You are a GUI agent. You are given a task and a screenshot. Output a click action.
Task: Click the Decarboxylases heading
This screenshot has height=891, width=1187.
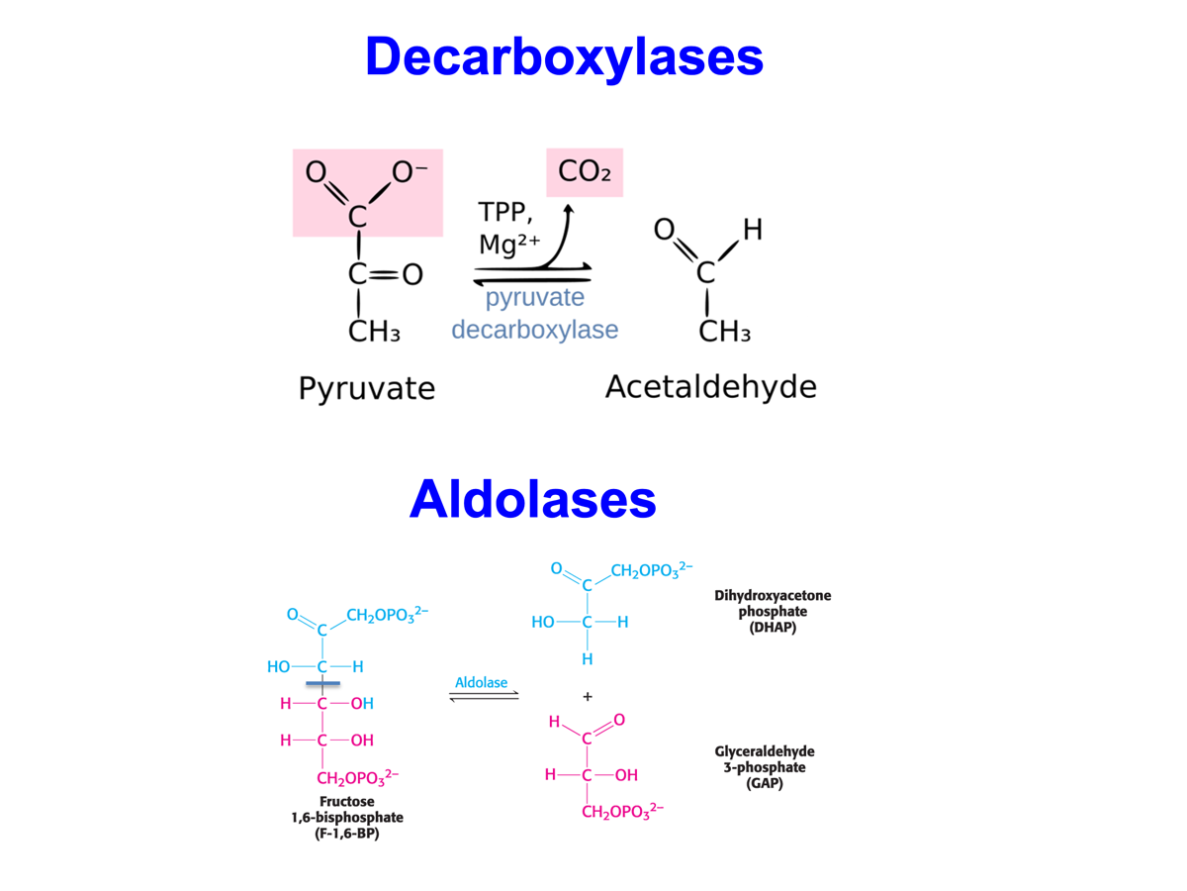pos(564,56)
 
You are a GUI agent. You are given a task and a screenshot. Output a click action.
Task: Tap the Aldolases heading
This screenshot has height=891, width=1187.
pos(532,498)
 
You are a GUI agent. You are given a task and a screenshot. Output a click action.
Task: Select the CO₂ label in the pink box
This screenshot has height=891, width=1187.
pos(585,172)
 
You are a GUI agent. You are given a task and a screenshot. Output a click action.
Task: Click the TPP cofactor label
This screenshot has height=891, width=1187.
pos(506,213)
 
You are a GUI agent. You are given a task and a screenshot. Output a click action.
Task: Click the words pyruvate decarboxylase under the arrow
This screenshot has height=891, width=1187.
pos(535,314)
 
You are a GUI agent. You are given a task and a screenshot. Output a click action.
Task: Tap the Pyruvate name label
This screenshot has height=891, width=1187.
pos(366,387)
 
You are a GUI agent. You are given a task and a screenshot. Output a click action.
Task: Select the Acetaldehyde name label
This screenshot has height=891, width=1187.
pos(710,386)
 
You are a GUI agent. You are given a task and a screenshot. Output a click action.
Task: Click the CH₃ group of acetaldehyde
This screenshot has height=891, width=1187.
pos(724,332)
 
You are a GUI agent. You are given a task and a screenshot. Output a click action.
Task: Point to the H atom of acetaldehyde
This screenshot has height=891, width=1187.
pos(752,231)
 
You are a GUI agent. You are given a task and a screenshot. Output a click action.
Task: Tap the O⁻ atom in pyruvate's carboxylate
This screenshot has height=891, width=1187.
pos(409,172)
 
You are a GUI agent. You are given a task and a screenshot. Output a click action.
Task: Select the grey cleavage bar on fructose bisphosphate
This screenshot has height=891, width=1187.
pos(322,683)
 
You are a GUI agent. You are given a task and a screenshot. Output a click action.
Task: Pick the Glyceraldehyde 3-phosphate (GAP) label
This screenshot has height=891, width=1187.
pos(764,767)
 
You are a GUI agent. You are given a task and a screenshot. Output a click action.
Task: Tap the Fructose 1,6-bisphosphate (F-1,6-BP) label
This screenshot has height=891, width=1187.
pos(346,818)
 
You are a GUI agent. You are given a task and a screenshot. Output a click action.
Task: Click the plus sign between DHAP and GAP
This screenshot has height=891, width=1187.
pos(588,697)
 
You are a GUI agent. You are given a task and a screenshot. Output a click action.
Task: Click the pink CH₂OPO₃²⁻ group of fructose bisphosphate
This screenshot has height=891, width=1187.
pos(357,777)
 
